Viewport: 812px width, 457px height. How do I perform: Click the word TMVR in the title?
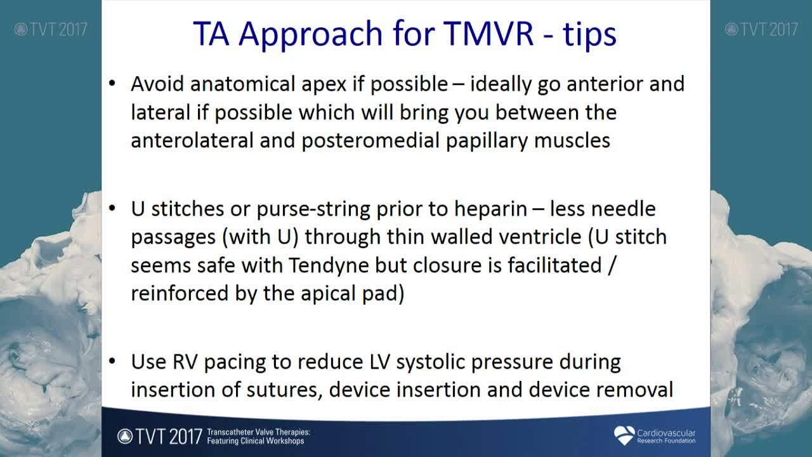tap(488, 34)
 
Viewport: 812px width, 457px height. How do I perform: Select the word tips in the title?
tap(590, 35)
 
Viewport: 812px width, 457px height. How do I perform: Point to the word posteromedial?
tap(370, 141)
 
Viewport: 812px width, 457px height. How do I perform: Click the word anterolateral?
tap(192, 140)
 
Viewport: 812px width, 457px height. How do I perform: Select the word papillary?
tap(487, 141)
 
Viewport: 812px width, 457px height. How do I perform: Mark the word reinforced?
tap(180, 293)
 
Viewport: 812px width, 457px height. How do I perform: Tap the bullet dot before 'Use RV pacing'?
tap(112, 361)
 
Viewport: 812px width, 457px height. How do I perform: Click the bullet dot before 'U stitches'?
tap(112, 208)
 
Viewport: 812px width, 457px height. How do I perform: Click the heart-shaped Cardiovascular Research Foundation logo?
tap(624, 435)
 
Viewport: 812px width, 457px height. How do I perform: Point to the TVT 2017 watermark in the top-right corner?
tap(761, 29)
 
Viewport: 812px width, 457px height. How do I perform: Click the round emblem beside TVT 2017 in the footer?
tap(125, 436)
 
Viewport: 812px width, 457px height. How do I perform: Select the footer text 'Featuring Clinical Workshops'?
tap(256, 441)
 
